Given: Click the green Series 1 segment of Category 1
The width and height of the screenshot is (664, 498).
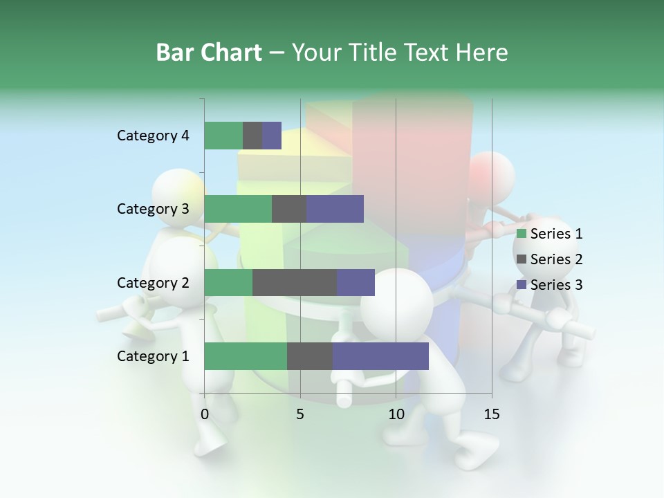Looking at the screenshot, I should point(246,356).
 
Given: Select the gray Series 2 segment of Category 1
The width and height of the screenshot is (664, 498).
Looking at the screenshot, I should point(310,356).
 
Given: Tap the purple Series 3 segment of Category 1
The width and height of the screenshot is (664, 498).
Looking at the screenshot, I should point(380,356).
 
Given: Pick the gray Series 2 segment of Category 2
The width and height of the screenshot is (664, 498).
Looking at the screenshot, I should point(295,282).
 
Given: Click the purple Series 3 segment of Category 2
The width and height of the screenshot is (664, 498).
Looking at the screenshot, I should point(356,282).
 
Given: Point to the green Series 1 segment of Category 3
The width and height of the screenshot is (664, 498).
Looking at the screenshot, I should point(238,209).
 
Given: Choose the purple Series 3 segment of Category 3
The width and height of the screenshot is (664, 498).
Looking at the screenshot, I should point(335,209).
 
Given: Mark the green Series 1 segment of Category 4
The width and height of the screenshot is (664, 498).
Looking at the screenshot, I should point(223,136).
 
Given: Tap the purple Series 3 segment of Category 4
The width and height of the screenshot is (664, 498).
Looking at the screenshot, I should point(272,136).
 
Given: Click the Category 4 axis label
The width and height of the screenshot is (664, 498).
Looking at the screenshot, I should point(153,136).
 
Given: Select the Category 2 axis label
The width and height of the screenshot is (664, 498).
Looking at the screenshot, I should point(153,283).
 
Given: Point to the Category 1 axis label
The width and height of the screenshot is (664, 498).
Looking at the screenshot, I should point(153,356).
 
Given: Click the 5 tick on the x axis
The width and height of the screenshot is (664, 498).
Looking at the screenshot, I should point(300,414).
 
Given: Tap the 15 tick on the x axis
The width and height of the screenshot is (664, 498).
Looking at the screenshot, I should point(491,414).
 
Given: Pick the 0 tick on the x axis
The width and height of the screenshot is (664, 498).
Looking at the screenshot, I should point(205,414).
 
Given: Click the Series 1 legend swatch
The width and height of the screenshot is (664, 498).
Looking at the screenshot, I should point(522,234).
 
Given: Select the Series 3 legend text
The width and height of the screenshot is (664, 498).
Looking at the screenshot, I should point(556,285).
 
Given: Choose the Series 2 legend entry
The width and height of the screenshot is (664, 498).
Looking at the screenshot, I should point(550,259).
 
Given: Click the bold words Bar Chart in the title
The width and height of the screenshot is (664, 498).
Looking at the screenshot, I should point(209,53).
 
